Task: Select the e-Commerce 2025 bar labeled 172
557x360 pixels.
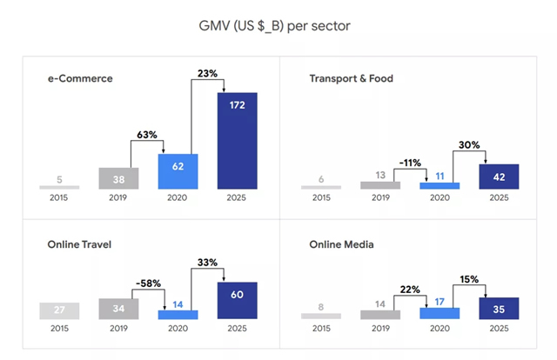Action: (x=237, y=140)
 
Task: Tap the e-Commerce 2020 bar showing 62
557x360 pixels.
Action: (x=178, y=171)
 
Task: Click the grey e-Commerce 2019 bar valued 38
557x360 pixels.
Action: (x=119, y=177)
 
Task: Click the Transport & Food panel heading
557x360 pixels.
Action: (x=351, y=79)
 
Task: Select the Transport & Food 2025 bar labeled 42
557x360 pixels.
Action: (x=499, y=177)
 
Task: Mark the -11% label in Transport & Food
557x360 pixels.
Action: (x=410, y=163)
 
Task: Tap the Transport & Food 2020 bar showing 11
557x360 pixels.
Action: (x=440, y=184)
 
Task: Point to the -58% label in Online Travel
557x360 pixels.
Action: (x=149, y=283)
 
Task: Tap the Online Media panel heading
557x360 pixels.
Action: (x=341, y=244)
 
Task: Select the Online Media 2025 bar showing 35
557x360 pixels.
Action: (x=499, y=308)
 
